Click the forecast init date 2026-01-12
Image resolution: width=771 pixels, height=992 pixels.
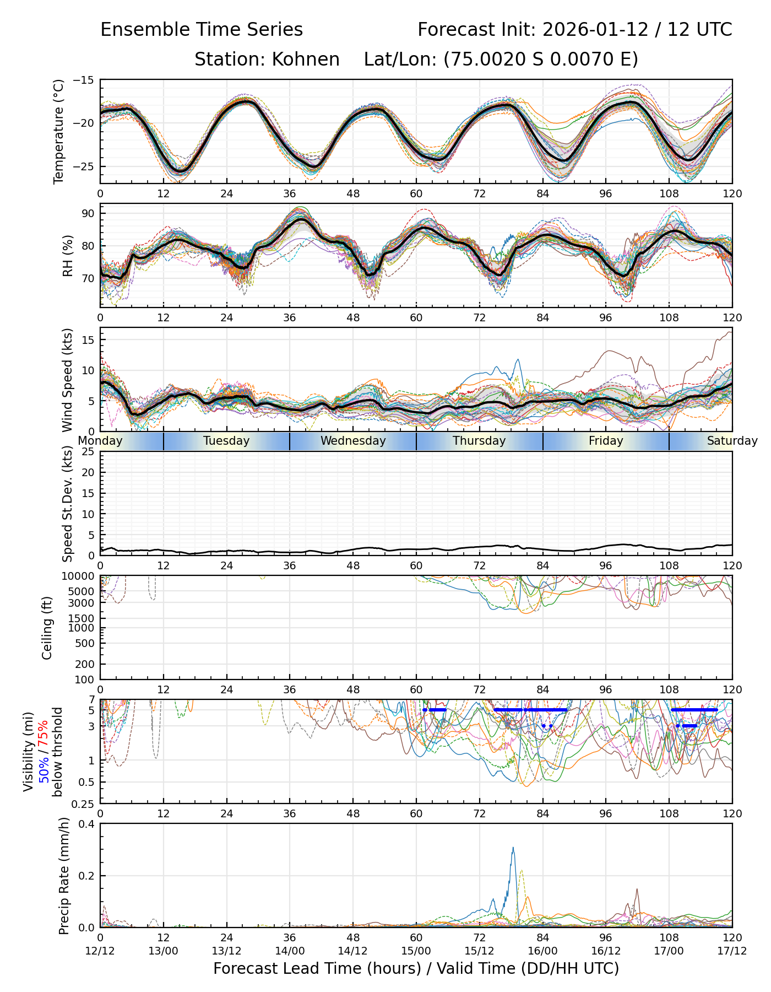pyautogui.click(x=596, y=30)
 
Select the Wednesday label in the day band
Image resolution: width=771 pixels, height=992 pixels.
pyautogui.click(x=353, y=441)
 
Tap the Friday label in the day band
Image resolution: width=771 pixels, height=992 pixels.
pyautogui.click(x=606, y=441)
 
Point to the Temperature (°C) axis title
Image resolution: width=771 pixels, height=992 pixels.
pyautogui.click(x=59, y=131)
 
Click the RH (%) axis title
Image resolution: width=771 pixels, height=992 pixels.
pyautogui.click(x=68, y=255)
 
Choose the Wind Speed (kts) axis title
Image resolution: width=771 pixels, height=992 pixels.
pyautogui.click(x=67, y=380)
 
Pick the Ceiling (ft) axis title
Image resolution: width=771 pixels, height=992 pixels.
pyautogui.click(x=47, y=628)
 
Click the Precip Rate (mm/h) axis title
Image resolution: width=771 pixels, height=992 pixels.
pyautogui.click(x=64, y=876)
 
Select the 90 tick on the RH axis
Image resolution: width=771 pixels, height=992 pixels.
pyautogui.click(x=88, y=213)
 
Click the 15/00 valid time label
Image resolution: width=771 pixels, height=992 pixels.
pyautogui.click(x=416, y=951)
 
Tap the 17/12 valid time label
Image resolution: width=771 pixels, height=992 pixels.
pyautogui.click(x=732, y=951)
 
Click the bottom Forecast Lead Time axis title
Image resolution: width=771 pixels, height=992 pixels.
pyautogui.click(x=416, y=968)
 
